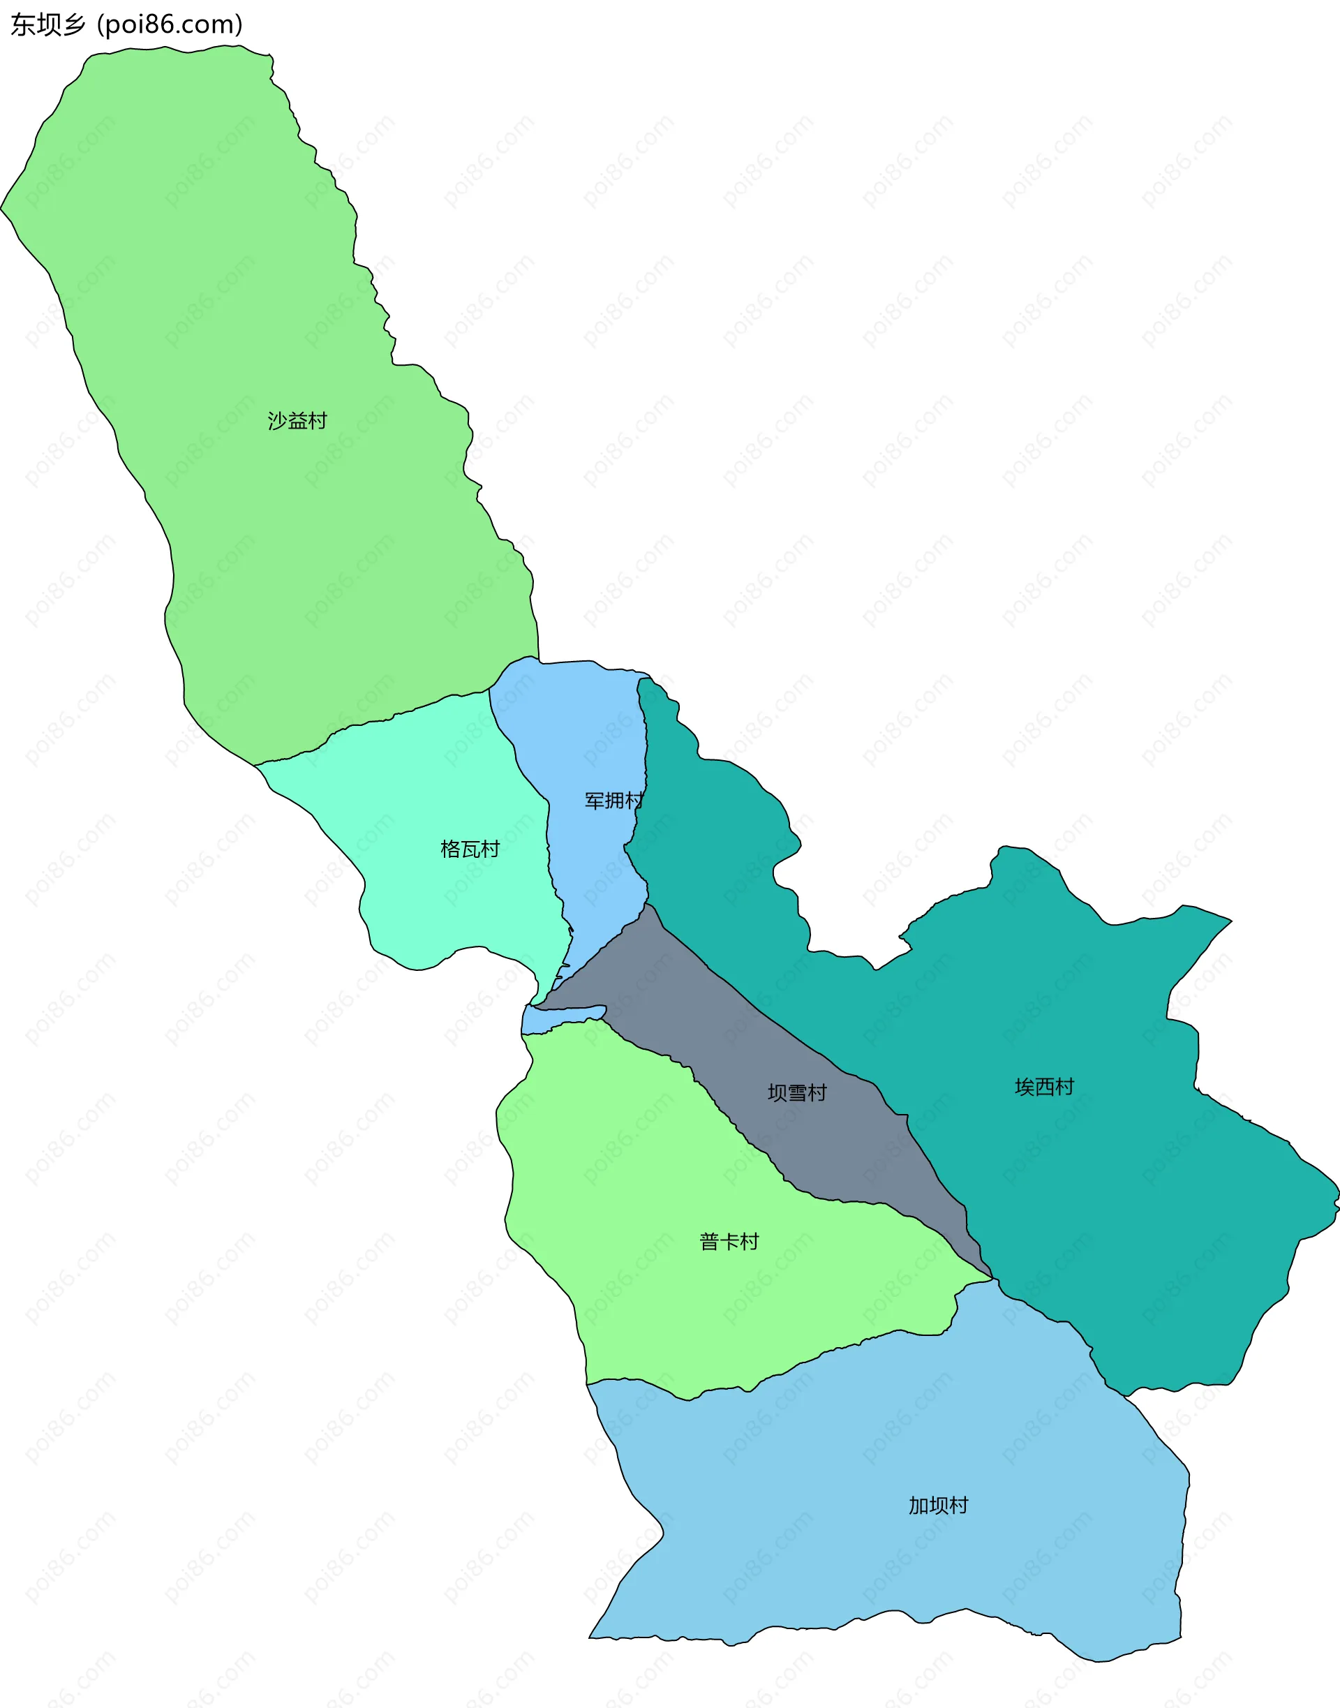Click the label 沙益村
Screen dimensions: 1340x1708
(297, 422)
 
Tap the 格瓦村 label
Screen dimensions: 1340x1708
(470, 849)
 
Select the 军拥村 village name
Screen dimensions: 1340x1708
(613, 801)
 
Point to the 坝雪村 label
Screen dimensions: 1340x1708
(797, 1093)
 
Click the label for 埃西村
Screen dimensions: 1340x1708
(1044, 1087)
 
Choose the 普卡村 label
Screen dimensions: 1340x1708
(729, 1242)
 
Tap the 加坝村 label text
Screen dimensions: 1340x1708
(938, 1506)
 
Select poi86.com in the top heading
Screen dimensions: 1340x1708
(170, 25)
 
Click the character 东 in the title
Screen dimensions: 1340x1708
(23, 25)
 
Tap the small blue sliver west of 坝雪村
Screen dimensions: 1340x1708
(549, 1019)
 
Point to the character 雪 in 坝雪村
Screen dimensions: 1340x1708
(797, 1093)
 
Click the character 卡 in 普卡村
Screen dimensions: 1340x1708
(729, 1242)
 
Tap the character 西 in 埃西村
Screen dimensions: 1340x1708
(1044, 1087)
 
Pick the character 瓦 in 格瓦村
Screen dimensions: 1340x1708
(470, 849)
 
